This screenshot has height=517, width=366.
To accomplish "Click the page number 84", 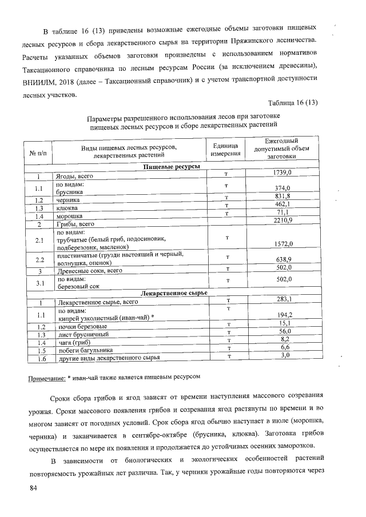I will [x=34, y=488].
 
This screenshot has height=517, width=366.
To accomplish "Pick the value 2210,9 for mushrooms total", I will [x=283, y=221].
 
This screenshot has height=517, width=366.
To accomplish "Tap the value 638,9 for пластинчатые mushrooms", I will [x=283, y=259].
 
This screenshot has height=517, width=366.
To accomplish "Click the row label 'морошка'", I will [x=69, y=217].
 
